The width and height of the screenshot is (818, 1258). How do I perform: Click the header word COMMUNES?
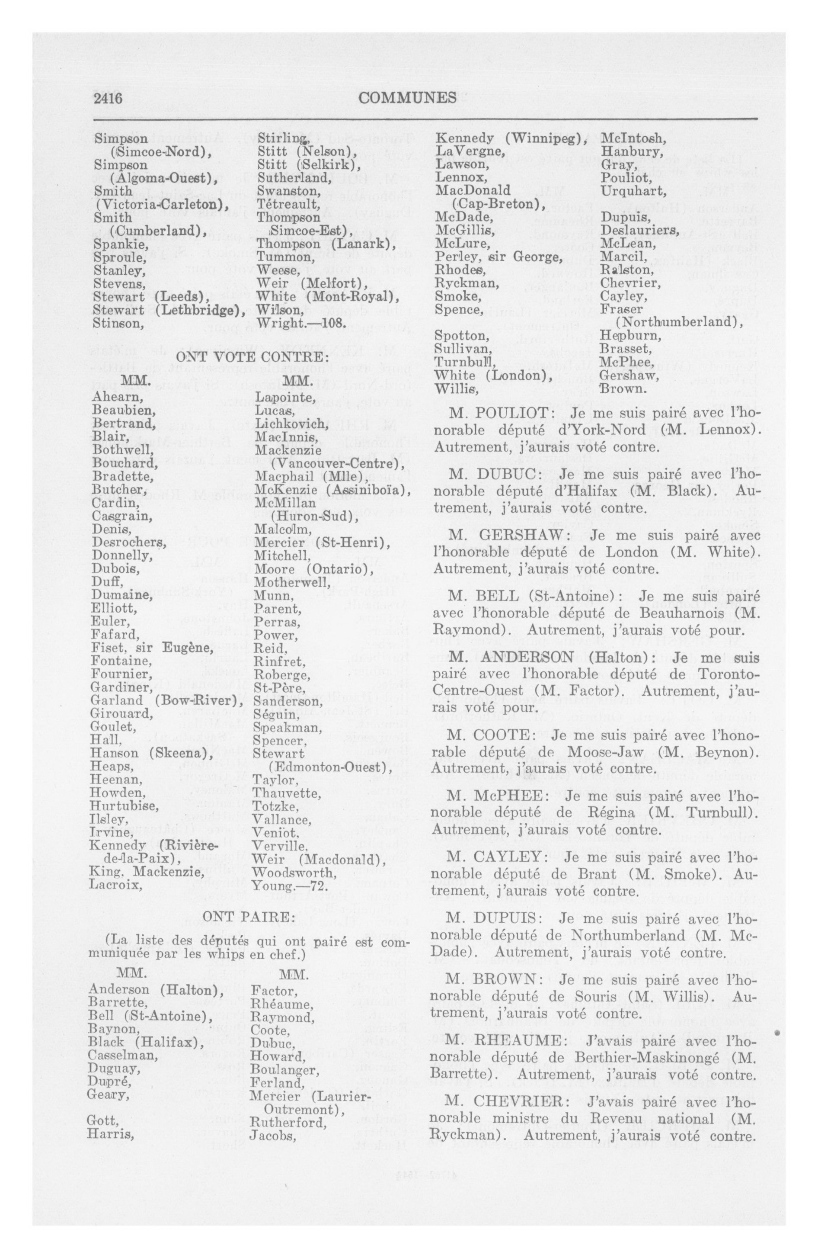click(407, 98)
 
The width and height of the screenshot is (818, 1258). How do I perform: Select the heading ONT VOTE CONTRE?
click(252, 358)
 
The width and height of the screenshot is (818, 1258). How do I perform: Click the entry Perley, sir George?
click(497, 257)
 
